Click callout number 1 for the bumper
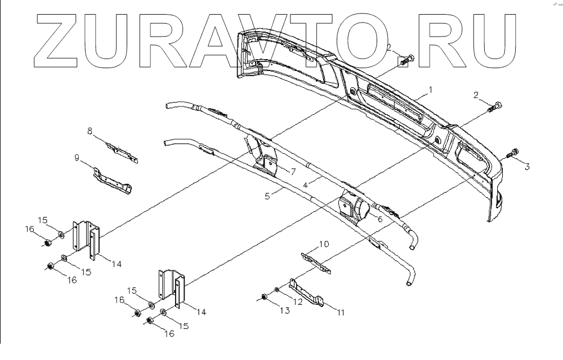coord(431,90)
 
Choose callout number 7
coord(293,171)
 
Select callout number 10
coord(324,244)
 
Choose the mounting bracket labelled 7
coord(268,163)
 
